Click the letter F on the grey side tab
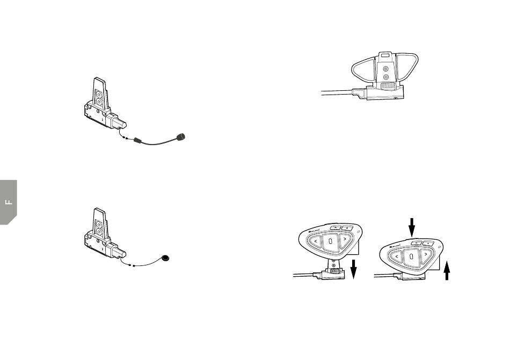pos(8,203)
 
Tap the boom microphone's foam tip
pos(183,137)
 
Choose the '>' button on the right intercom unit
pos(425,254)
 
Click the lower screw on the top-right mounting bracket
pos(385,78)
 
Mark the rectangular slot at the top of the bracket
pos(384,55)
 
